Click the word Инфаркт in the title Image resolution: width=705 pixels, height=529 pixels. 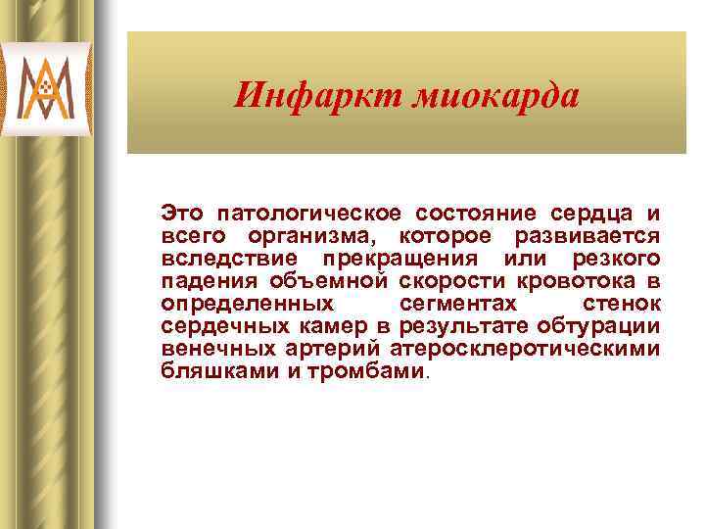tap(304, 96)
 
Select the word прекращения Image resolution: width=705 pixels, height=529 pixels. tap(400, 259)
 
